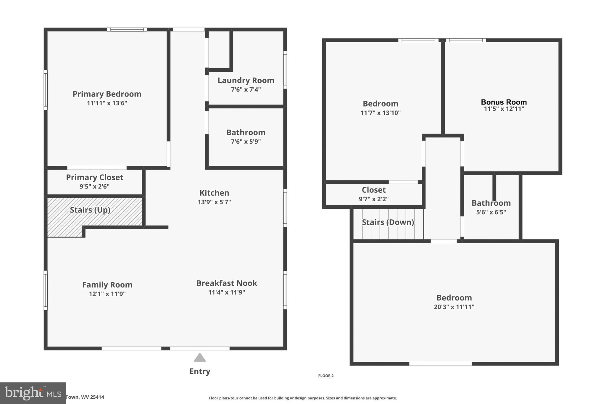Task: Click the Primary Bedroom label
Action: click(107, 94)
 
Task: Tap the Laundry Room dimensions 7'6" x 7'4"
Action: click(246, 89)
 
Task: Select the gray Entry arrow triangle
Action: click(200, 358)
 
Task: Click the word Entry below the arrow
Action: click(200, 371)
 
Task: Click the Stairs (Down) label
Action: click(388, 222)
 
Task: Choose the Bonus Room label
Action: click(504, 102)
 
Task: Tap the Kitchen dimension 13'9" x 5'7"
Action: click(214, 202)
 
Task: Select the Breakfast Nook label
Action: click(227, 283)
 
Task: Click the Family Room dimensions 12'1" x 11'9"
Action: click(107, 294)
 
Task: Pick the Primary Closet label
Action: click(94, 177)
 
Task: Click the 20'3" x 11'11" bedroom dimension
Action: click(454, 307)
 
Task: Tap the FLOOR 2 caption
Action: click(326, 376)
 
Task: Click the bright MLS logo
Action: click(33, 393)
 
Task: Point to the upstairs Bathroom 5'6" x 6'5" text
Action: click(491, 212)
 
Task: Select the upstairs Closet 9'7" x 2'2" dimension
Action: click(373, 199)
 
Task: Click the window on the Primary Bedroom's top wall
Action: click(127, 30)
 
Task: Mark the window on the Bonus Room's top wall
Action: click(466, 40)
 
